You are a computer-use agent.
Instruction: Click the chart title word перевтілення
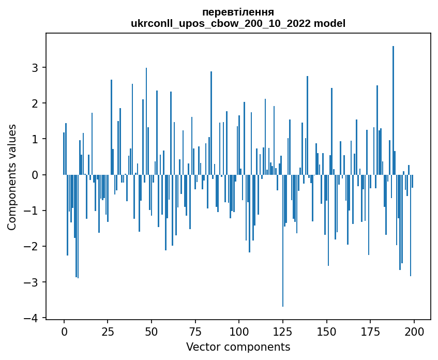[238, 12]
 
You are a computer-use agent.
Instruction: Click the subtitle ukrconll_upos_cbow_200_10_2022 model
[238, 23]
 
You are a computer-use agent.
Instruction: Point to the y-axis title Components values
[11, 177]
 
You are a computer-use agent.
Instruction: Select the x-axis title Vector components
[238, 347]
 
